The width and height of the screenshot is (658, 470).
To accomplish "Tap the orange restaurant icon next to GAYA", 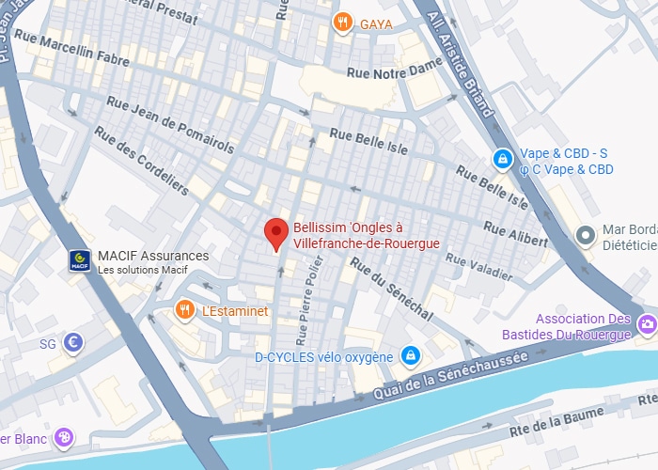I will (344, 22).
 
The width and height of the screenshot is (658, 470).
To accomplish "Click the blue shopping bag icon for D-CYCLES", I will (409, 356).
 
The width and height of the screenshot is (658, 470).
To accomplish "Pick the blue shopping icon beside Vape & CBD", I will (504, 161).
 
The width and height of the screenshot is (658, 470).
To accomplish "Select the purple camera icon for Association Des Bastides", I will (647, 325).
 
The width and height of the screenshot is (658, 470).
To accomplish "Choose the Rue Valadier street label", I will (481, 271).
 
